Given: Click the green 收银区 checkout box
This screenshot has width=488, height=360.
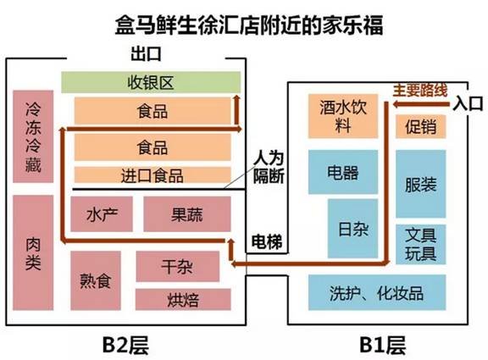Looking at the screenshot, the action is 151,82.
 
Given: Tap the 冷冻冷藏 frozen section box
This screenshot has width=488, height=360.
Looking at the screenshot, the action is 33,136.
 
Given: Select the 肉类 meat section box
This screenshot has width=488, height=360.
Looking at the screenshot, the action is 33,252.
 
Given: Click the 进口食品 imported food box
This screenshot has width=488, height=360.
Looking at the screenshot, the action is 152,175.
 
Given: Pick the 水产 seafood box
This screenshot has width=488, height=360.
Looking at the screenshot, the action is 102,214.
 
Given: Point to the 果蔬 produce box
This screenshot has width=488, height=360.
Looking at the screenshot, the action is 187,214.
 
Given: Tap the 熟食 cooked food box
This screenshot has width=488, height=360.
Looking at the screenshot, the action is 96,280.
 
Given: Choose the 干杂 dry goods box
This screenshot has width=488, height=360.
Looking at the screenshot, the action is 178,266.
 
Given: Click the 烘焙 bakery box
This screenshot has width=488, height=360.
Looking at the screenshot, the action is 183,299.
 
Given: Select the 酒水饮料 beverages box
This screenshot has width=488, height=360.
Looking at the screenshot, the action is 343,116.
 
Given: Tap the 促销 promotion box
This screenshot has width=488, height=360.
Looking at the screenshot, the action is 421,127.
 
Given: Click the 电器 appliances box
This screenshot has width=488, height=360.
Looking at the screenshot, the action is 343,172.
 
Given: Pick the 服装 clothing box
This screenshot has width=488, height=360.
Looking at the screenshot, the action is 421,184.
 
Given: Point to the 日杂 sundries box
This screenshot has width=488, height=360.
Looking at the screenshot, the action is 353,229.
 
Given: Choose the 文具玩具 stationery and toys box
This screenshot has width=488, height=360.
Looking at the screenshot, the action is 421,245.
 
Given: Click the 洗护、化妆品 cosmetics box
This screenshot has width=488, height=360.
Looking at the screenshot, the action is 377,292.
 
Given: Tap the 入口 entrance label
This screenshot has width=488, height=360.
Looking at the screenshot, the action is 468,103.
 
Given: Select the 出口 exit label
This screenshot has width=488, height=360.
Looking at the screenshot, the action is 146,54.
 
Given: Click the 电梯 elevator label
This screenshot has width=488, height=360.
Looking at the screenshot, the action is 267,241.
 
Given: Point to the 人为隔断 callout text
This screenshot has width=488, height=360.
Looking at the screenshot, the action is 269,168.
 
